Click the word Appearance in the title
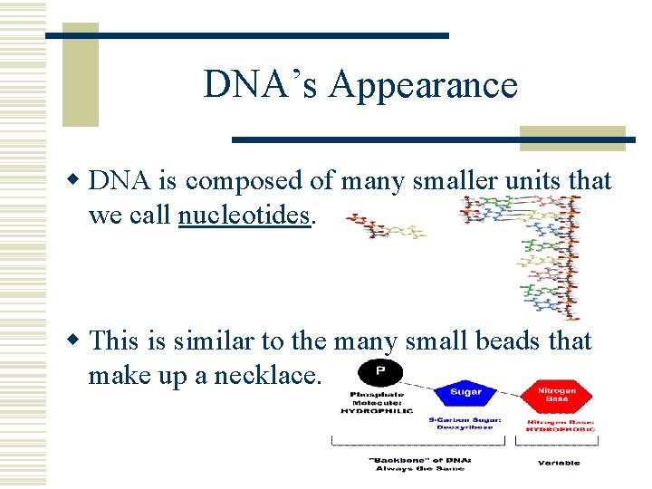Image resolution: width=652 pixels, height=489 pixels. (423, 86)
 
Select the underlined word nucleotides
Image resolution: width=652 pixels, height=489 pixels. (244, 216)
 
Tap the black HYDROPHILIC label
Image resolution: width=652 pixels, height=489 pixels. (377, 410)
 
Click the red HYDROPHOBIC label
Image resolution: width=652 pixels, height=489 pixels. (559, 428)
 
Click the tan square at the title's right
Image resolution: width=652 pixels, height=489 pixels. (572, 138)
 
